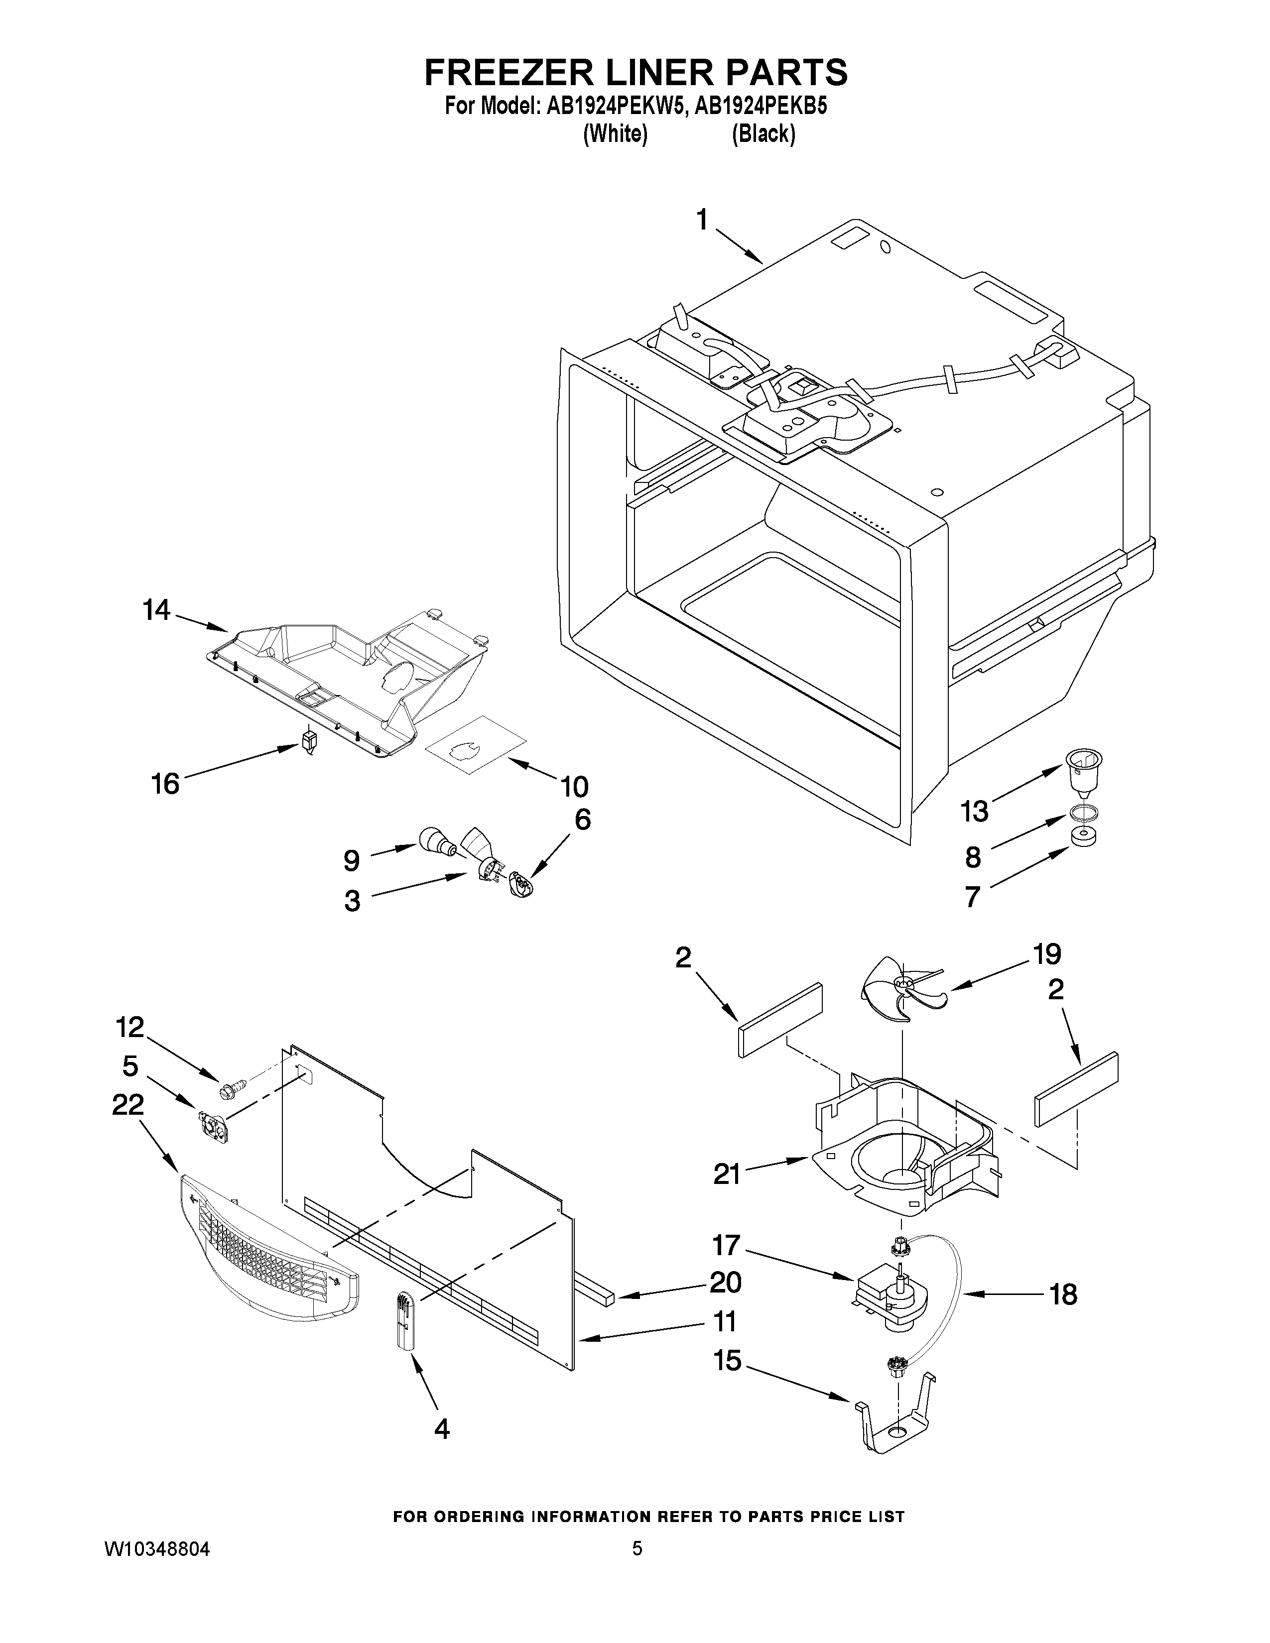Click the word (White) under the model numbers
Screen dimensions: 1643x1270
coord(616,134)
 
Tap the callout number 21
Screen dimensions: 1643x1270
coord(727,1173)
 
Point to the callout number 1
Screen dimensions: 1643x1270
coord(701,221)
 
